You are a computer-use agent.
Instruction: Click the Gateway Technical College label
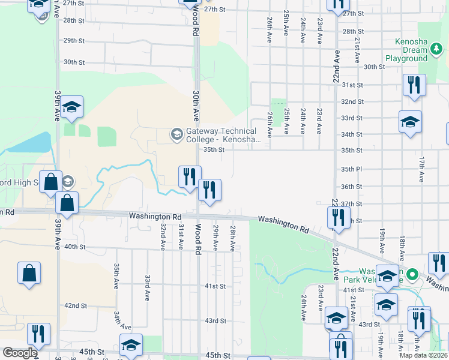pyautogui.click(x=221, y=135)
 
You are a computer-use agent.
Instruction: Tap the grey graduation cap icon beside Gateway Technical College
pyautogui.click(x=176, y=133)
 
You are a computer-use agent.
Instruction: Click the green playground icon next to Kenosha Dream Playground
pyautogui.click(x=423, y=59)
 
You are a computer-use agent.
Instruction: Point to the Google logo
pyautogui.click(x=19, y=353)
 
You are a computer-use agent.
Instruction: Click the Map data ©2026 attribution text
pyautogui.click(x=424, y=355)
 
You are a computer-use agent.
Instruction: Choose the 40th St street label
pyautogui.click(x=75, y=247)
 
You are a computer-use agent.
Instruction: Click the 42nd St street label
pyautogui.click(x=76, y=305)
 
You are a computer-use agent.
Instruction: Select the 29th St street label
pyautogui.click(x=74, y=40)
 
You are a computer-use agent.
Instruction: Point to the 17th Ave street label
pyautogui.click(x=422, y=170)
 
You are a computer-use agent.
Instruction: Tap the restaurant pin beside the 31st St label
pyautogui.click(x=414, y=85)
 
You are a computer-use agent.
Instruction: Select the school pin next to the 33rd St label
pyautogui.click(x=411, y=122)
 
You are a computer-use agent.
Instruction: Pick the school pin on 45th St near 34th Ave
pyautogui.click(x=131, y=345)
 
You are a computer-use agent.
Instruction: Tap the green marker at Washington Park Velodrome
pyautogui.click(x=412, y=275)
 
